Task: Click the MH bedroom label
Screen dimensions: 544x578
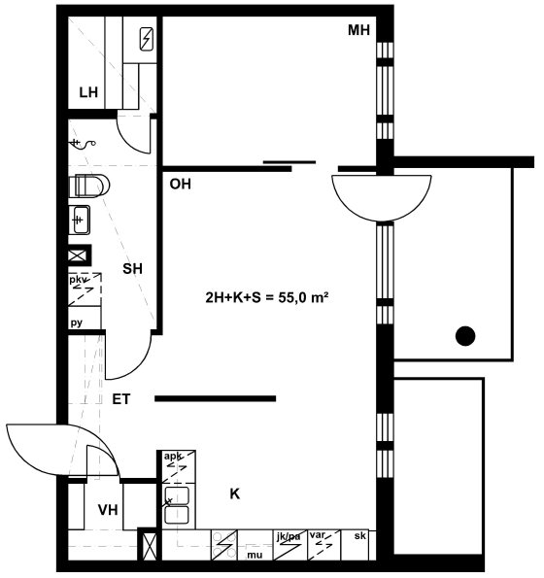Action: tap(358, 30)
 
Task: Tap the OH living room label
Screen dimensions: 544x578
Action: tap(181, 184)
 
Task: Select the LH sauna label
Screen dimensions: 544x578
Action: tap(88, 92)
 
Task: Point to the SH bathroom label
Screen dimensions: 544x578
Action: tap(132, 269)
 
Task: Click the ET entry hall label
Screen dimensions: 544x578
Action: tap(121, 399)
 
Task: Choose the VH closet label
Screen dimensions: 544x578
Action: tap(108, 510)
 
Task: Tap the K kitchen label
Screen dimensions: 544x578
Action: tap(235, 493)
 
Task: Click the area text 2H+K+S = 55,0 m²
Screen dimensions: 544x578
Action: tap(267, 297)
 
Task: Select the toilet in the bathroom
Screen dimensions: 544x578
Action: tap(89, 186)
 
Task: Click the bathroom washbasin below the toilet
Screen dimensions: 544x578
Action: tap(80, 221)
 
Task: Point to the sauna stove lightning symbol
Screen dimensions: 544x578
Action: tap(147, 39)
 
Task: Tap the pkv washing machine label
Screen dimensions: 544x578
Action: tap(77, 280)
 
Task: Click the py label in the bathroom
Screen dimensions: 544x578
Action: tap(77, 323)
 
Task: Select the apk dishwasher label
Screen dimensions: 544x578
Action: tap(173, 457)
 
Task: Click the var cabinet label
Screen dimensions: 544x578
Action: tap(318, 534)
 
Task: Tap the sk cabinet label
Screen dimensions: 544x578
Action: tap(360, 535)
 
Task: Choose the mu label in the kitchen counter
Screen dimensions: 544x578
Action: tap(255, 555)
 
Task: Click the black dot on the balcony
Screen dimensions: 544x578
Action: tap(465, 336)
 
